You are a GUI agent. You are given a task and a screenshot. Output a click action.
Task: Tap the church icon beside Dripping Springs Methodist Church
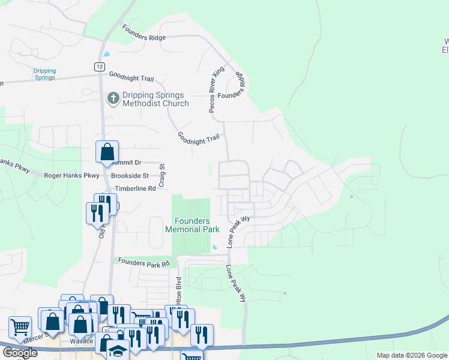(x=112, y=98)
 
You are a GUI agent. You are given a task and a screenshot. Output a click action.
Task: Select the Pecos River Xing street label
(x=217, y=89)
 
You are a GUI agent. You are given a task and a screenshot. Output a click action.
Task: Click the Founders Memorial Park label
(x=192, y=225)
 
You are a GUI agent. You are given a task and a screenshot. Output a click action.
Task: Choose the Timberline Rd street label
(x=135, y=188)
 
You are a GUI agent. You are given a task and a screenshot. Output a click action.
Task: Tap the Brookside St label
(x=129, y=176)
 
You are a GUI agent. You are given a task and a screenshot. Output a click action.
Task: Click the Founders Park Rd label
(x=144, y=262)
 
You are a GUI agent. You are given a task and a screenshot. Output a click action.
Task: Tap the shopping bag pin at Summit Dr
(x=107, y=152)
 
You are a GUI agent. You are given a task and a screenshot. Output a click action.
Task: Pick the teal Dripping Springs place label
(x=44, y=74)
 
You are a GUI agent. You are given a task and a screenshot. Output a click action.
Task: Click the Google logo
(x=19, y=353)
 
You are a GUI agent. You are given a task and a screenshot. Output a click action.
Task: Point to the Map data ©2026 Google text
(x=411, y=355)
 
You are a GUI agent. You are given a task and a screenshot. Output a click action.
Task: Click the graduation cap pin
(x=118, y=350)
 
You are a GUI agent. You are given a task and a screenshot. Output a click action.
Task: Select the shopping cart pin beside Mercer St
(x=20, y=328)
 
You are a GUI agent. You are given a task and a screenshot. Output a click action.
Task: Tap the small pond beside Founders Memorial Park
(x=214, y=248)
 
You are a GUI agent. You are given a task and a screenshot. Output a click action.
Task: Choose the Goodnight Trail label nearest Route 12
(x=131, y=77)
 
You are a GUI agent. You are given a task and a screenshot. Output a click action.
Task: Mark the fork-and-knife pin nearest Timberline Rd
(x=97, y=212)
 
